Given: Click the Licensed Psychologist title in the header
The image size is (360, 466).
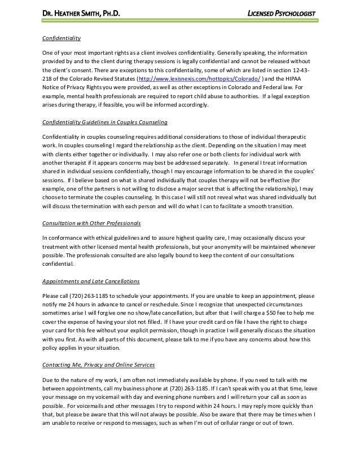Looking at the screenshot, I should (x=280, y=14).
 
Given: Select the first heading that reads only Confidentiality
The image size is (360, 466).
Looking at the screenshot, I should (x=62, y=38).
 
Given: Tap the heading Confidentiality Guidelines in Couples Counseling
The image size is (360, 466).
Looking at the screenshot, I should (x=104, y=122).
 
